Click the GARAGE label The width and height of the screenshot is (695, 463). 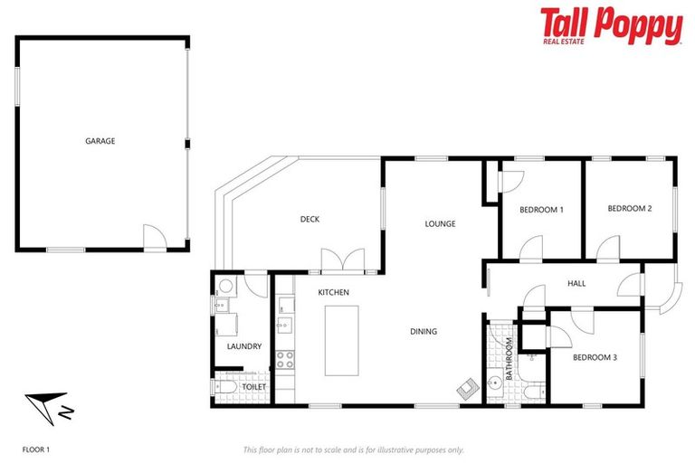tap(100, 141)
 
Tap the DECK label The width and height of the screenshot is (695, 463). tap(309, 219)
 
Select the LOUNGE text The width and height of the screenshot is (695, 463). tap(441, 223)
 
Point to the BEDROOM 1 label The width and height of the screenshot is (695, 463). tap(541, 210)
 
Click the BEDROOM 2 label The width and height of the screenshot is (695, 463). tap(629, 209)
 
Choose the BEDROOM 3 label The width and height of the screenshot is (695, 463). tap(595, 357)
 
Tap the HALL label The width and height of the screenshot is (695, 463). tap(576, 283)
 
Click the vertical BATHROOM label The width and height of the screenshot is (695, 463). tap(509, 358)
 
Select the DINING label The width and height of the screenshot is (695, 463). tap(424, 332)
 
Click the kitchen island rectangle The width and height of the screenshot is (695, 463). tap(341, 341)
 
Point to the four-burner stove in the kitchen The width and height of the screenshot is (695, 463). tap(285, 358)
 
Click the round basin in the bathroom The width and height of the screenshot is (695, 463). tap(494, 383)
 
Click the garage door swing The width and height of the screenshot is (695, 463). tap(155, 238)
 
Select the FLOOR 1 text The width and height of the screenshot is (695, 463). tap(37, 449)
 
